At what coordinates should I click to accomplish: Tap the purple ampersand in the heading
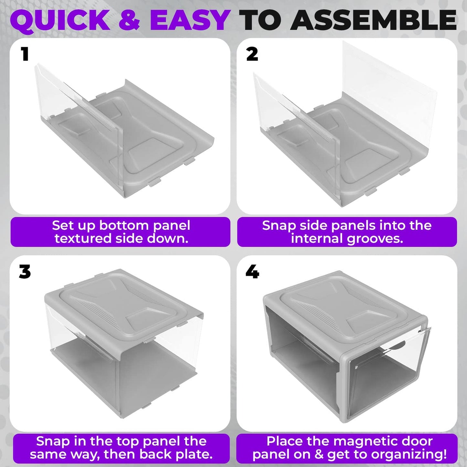pos(129,20)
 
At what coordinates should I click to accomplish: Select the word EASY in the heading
pos(190,20)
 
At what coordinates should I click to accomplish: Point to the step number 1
pos(25,54)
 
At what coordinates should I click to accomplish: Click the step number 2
pos(252,54)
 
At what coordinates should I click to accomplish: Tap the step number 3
pos(25,272)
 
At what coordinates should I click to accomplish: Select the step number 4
pos(252,272)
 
